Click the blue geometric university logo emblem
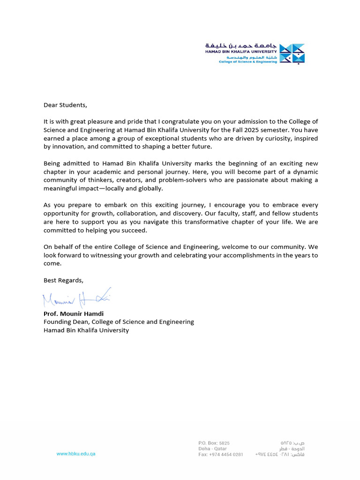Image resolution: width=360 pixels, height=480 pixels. [292, 53]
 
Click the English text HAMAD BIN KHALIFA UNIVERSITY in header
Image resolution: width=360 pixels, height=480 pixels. [241, 52]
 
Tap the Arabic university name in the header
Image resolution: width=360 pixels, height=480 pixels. [241, 45]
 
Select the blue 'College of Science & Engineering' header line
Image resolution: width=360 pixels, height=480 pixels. [248, 62]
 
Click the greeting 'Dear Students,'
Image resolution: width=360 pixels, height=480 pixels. [65, 105]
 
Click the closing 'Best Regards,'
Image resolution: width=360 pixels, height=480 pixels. [63, 280]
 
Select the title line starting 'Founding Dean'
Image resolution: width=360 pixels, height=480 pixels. [119, 322]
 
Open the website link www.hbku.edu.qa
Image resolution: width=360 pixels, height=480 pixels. [76, 454]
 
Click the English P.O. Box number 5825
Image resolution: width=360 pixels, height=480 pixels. [225, 443]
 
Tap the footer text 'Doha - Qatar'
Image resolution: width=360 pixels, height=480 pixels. [212, 449]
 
